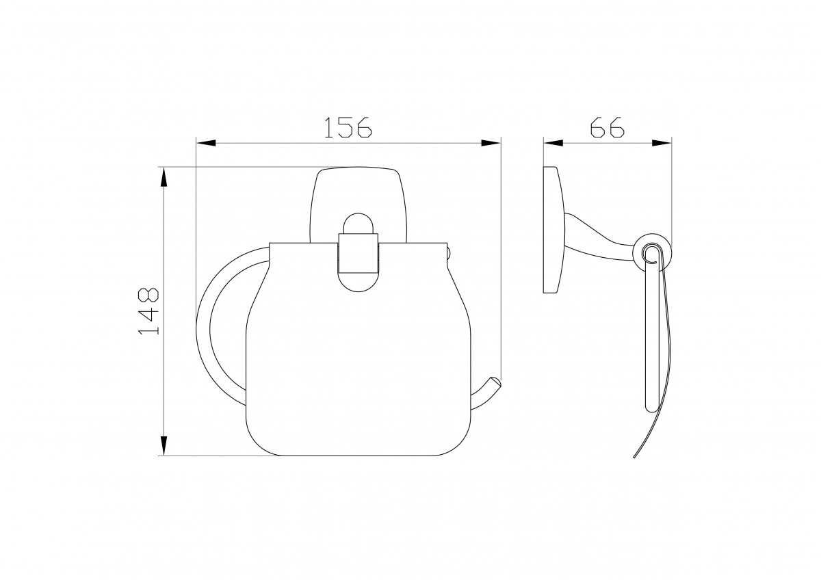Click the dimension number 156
(x=348, y=127)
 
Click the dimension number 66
(x=607, y=127)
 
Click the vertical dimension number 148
(x=148, y=311)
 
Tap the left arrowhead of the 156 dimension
(x=206, y=143)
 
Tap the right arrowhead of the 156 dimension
(x=491, y=143)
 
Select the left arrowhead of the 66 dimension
(x=553, y=143)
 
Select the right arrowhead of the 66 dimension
(x=662, y=143)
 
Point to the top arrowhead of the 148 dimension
(x=164, y=176)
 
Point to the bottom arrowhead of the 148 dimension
(x=164, y=446)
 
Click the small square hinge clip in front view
(x=358, y=253)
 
